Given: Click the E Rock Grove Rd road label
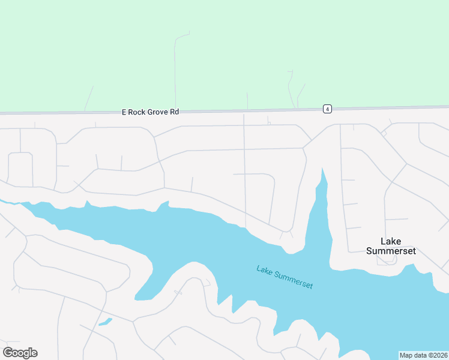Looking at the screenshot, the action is (x=151, y=112).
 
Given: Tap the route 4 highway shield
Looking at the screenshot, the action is (x=327, y=109).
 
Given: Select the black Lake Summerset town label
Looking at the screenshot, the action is (x=391, y=246).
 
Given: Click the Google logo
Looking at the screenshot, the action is (x=20, y=353).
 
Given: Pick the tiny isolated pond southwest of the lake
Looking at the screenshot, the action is (x=105, y=322).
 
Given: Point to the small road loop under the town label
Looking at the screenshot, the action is (x=382, y=260).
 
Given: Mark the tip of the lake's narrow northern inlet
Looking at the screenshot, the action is (x=323, y=170).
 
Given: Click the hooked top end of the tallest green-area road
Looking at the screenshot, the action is (x=189, y=32).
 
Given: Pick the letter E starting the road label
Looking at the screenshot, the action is (x=124, y=112).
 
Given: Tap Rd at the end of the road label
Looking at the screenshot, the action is (x=174, y=112).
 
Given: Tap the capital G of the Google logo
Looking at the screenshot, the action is (x=8, y=353).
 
